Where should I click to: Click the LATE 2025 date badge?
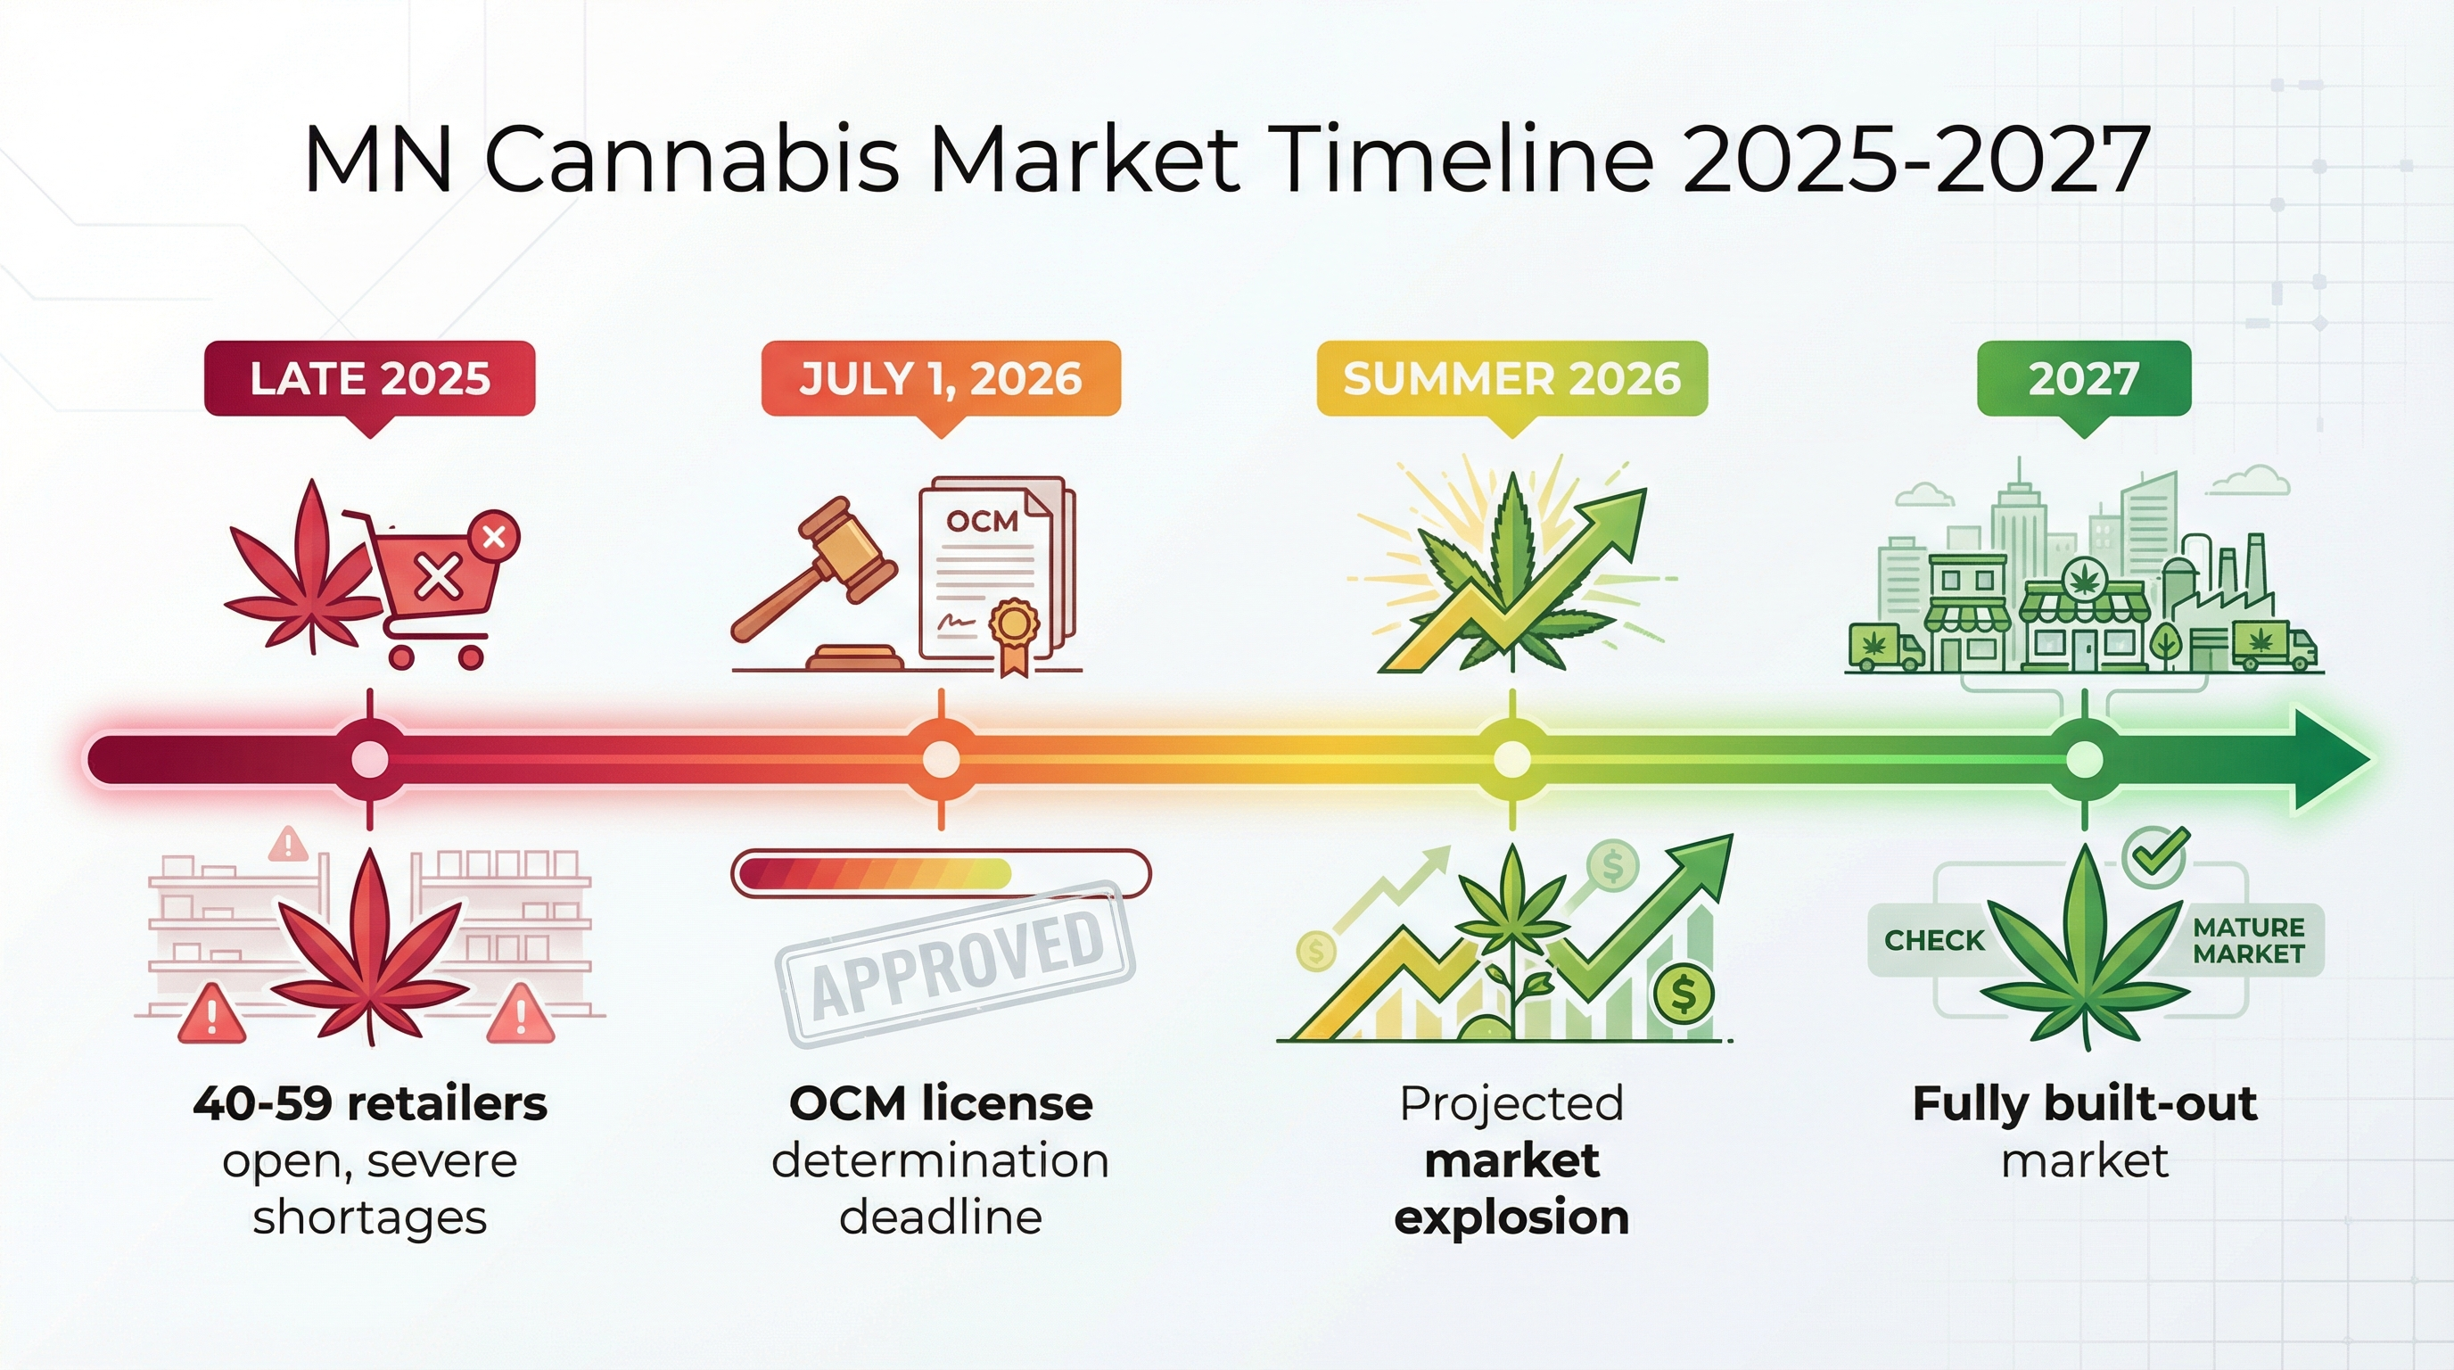pyautogui.click(x=370, y=378)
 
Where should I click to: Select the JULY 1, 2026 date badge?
pyautogui.click(x=940, y=378)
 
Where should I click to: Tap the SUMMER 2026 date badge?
pyautogui.click(x=1511, y=378)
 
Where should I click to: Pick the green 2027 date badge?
pyautogui.click(x=2084, y=378)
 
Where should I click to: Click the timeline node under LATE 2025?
pyautogui.click(x=370, y=759)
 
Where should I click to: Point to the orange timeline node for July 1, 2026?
pyautogui.click(x=942, y=759)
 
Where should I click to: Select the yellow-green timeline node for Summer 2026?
pyautogui.click(x=1511, y=759)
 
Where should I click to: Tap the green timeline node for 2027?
pyautogui.click(x=2084, y=759)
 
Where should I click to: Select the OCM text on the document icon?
pyautogui.click(x=982, y=521)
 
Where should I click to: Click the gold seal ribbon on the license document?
pyautogui.click(x=1012, y=630)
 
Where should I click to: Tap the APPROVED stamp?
pyautogui.click(x=957, y=964)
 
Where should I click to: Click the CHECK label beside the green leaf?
pyautogui.click(x=1934, y=940)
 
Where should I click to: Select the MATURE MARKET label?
pyautogui.click(x=2248, y=940)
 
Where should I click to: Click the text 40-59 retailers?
pyautogui.click(x=370, y=1103)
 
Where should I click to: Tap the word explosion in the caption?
pyautogui.click(x=1511, y=1217)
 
